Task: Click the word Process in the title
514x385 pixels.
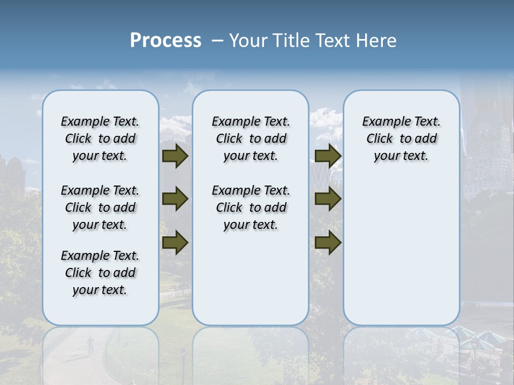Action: (165, 41)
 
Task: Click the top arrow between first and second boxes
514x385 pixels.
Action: (175, 156)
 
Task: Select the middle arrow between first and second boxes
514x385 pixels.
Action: (175, 199)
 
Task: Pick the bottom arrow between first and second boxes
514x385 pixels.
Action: (175, 243)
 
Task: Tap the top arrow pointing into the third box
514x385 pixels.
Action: (328, 156)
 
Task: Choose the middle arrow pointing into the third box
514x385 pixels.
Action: (328, 199)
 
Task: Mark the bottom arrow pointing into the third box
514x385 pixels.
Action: (328, 243)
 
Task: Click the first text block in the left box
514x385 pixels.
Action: (100, 138)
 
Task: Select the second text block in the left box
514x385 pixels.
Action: (100, 207)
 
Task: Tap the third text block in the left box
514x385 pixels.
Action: (100, 273)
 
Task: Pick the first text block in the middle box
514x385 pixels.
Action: (251, 138)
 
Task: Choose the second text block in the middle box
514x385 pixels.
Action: (251, 207)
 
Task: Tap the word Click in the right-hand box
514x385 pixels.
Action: (380, 139)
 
